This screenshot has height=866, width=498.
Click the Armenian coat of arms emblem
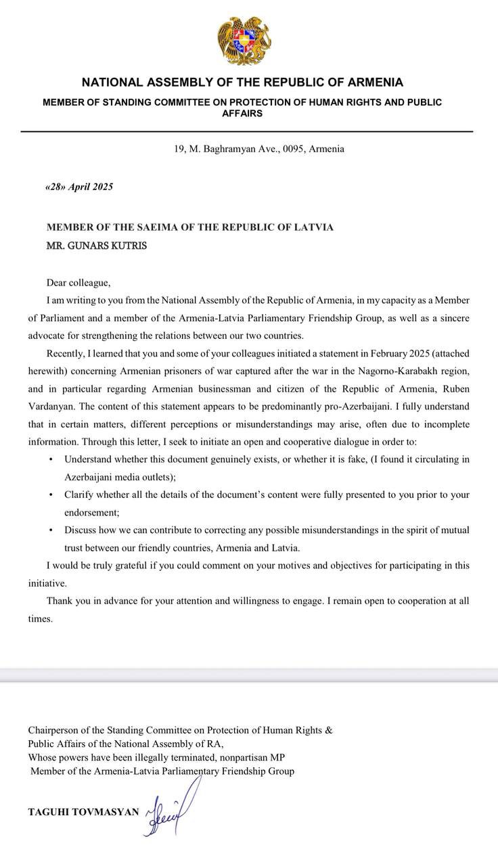(x=244, y=41)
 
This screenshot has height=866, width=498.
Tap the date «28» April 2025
(x=79, y=187)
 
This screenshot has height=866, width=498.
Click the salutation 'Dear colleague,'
(x=78, y=283)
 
